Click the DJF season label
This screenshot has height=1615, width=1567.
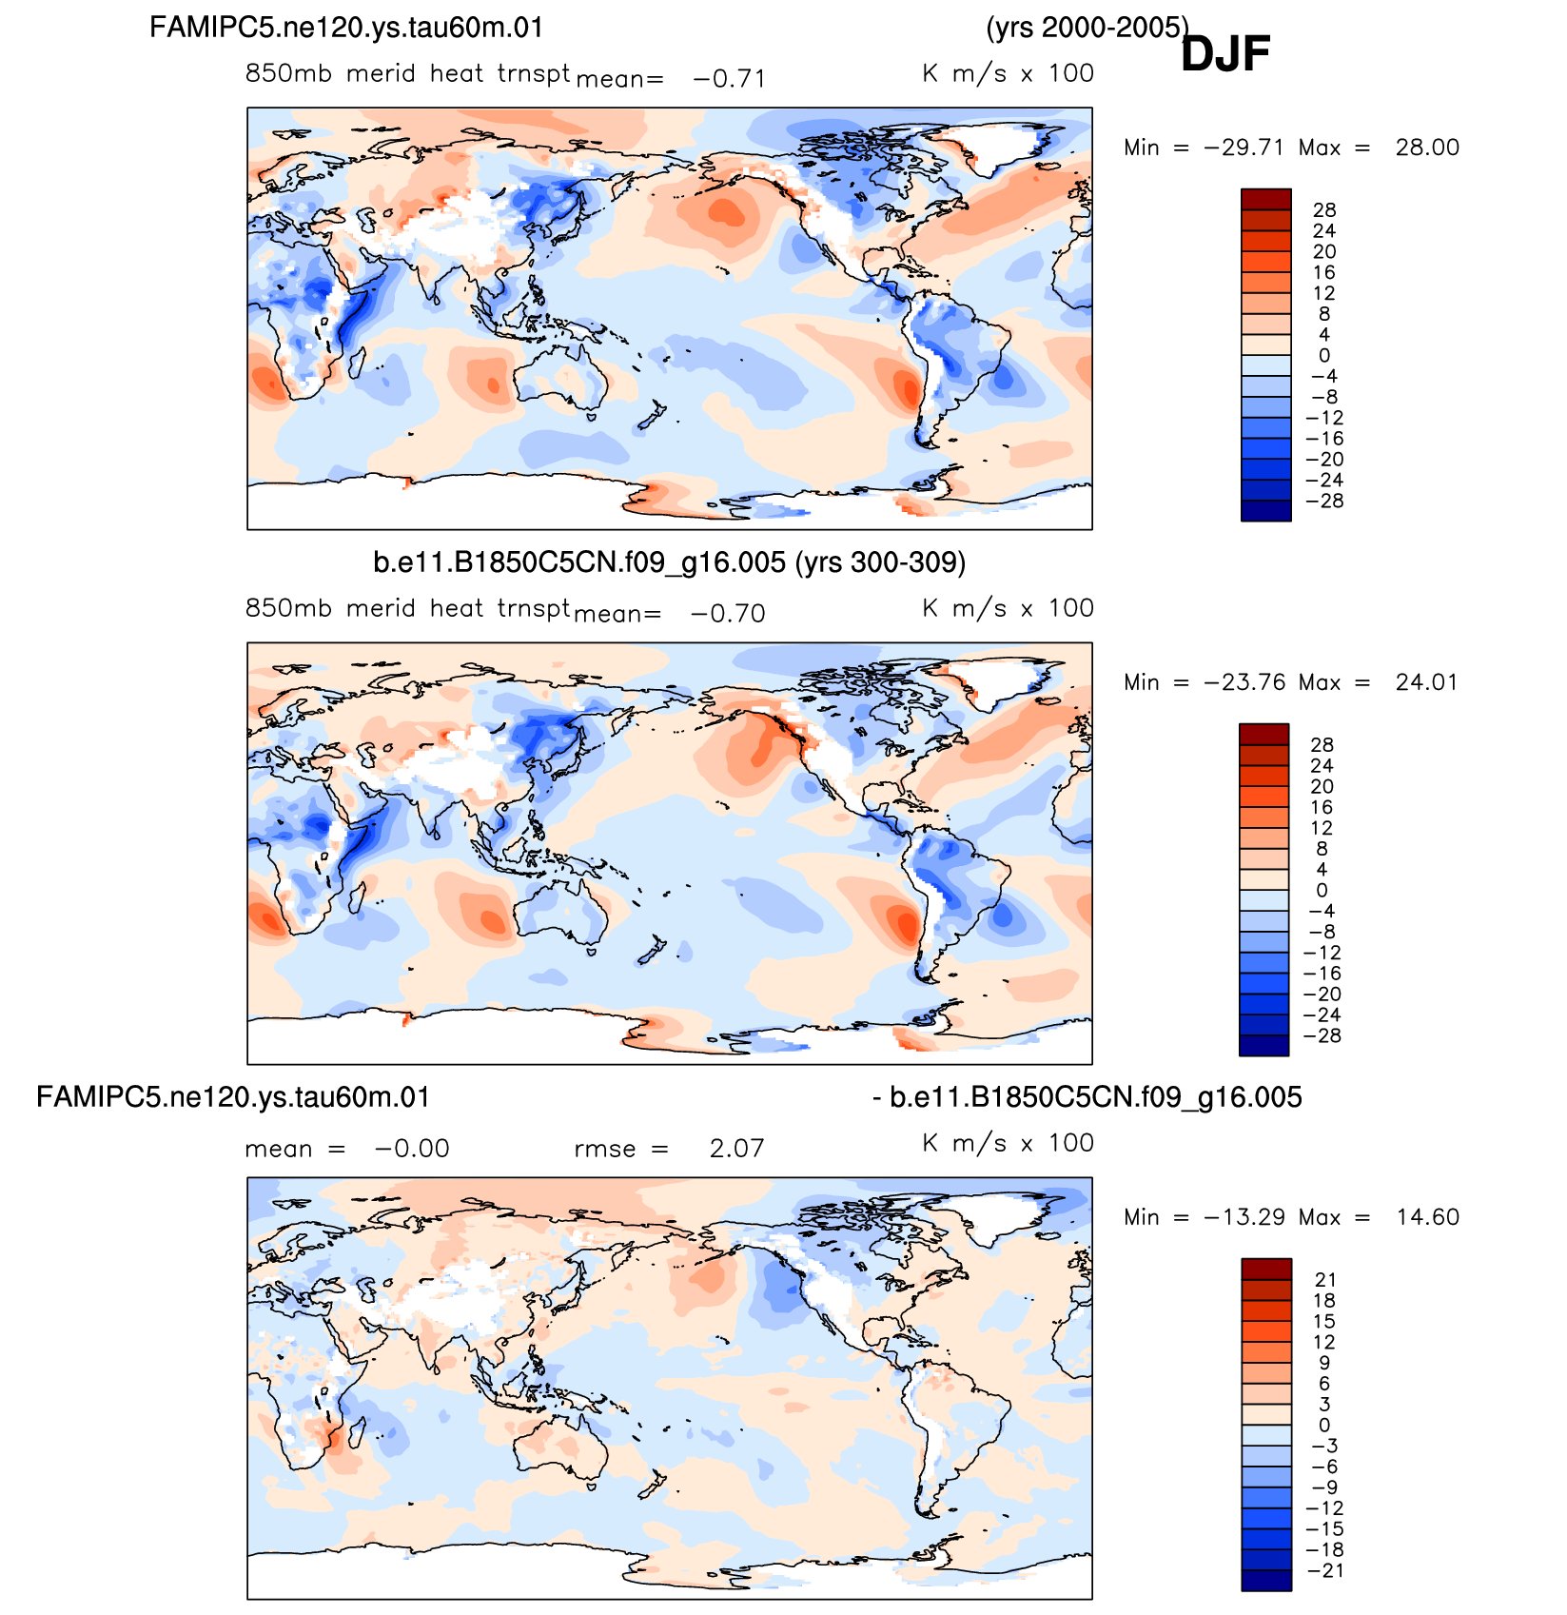coord(1225,53)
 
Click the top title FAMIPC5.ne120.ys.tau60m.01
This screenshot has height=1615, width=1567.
coord(346,28)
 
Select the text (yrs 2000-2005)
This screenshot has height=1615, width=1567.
coord(1087,28)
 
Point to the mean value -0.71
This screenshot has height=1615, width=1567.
coord(730,78)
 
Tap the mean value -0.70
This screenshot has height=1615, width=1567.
coord(728,613)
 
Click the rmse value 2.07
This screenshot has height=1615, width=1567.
coord(737,1148)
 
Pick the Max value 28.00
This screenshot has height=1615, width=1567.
coord(1427,148)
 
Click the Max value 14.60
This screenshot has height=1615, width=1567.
coord(1427,1217)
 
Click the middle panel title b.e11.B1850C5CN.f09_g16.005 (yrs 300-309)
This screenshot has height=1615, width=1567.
coord(670,562)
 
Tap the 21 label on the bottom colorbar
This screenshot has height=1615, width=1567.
coord(1325,1280)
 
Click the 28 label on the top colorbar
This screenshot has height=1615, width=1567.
coord(1324,210)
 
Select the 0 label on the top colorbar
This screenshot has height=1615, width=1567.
coord(1324,356)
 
